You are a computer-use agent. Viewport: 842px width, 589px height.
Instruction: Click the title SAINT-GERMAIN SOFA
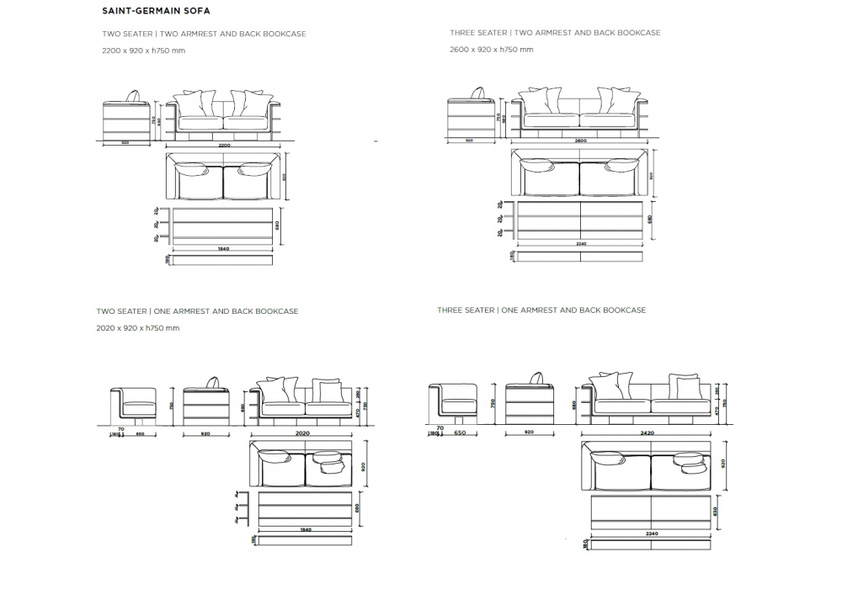(x=156, y=12)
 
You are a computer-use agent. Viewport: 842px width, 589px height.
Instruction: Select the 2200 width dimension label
(x=223, y=146)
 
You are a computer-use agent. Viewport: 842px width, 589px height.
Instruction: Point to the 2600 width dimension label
(x=580, y=140)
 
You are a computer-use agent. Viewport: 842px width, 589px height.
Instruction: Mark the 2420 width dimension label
(x=647, y=432)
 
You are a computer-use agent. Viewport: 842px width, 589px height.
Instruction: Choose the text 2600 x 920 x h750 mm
(x=492, y=50)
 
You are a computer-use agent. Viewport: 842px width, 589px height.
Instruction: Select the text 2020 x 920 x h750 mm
(x=137, y=327)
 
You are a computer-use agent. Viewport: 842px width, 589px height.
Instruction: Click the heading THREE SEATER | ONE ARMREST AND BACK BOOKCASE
(x=541, y=310)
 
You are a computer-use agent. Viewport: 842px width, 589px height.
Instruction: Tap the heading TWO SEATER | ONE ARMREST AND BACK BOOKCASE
(x=197, y=311)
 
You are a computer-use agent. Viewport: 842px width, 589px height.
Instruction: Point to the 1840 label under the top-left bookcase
(x=223, y=250)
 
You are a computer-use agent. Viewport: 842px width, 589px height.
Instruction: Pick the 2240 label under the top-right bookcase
(x=580, y=244)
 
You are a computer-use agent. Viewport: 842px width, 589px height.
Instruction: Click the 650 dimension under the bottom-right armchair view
(x=459, y=432)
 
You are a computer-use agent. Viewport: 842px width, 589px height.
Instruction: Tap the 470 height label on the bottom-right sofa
(x=716, y=411)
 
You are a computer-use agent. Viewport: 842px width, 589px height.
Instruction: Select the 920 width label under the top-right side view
(x=469, y=141)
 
